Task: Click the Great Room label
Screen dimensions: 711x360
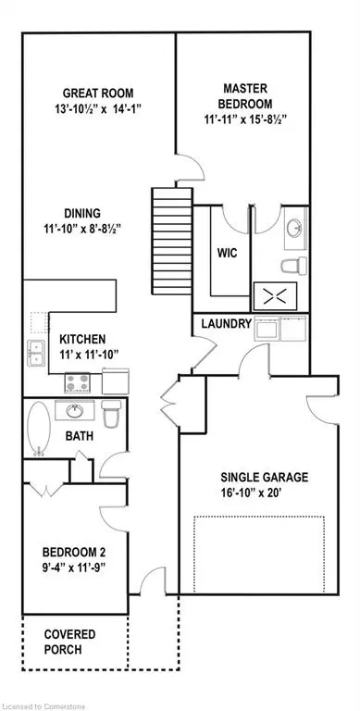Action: [x=97, y=93]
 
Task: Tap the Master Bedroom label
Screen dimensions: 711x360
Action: [x=242, y=84]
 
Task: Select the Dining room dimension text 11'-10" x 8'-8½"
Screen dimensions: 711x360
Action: [x=96, y=228]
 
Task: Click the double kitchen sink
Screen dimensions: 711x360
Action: [x=37, y=352]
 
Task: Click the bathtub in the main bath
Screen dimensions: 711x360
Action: [x=39, y=430]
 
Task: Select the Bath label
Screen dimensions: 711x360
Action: [x=78, y=435]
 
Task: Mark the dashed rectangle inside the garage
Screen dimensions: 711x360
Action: [x=260, y=555]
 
